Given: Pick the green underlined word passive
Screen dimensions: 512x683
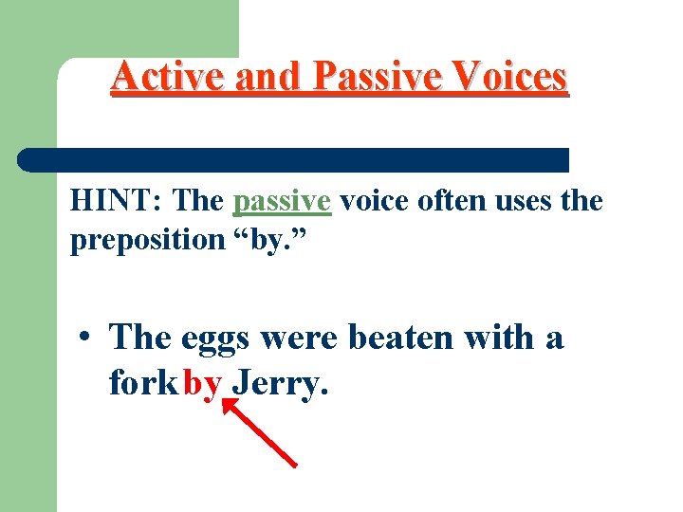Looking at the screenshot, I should [x=282, y=202].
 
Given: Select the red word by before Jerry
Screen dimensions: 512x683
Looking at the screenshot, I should [x=203, y=384].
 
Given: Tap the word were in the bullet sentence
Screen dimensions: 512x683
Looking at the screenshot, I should [x=302, y=337].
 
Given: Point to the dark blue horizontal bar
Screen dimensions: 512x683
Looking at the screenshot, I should [x=294, y=159].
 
